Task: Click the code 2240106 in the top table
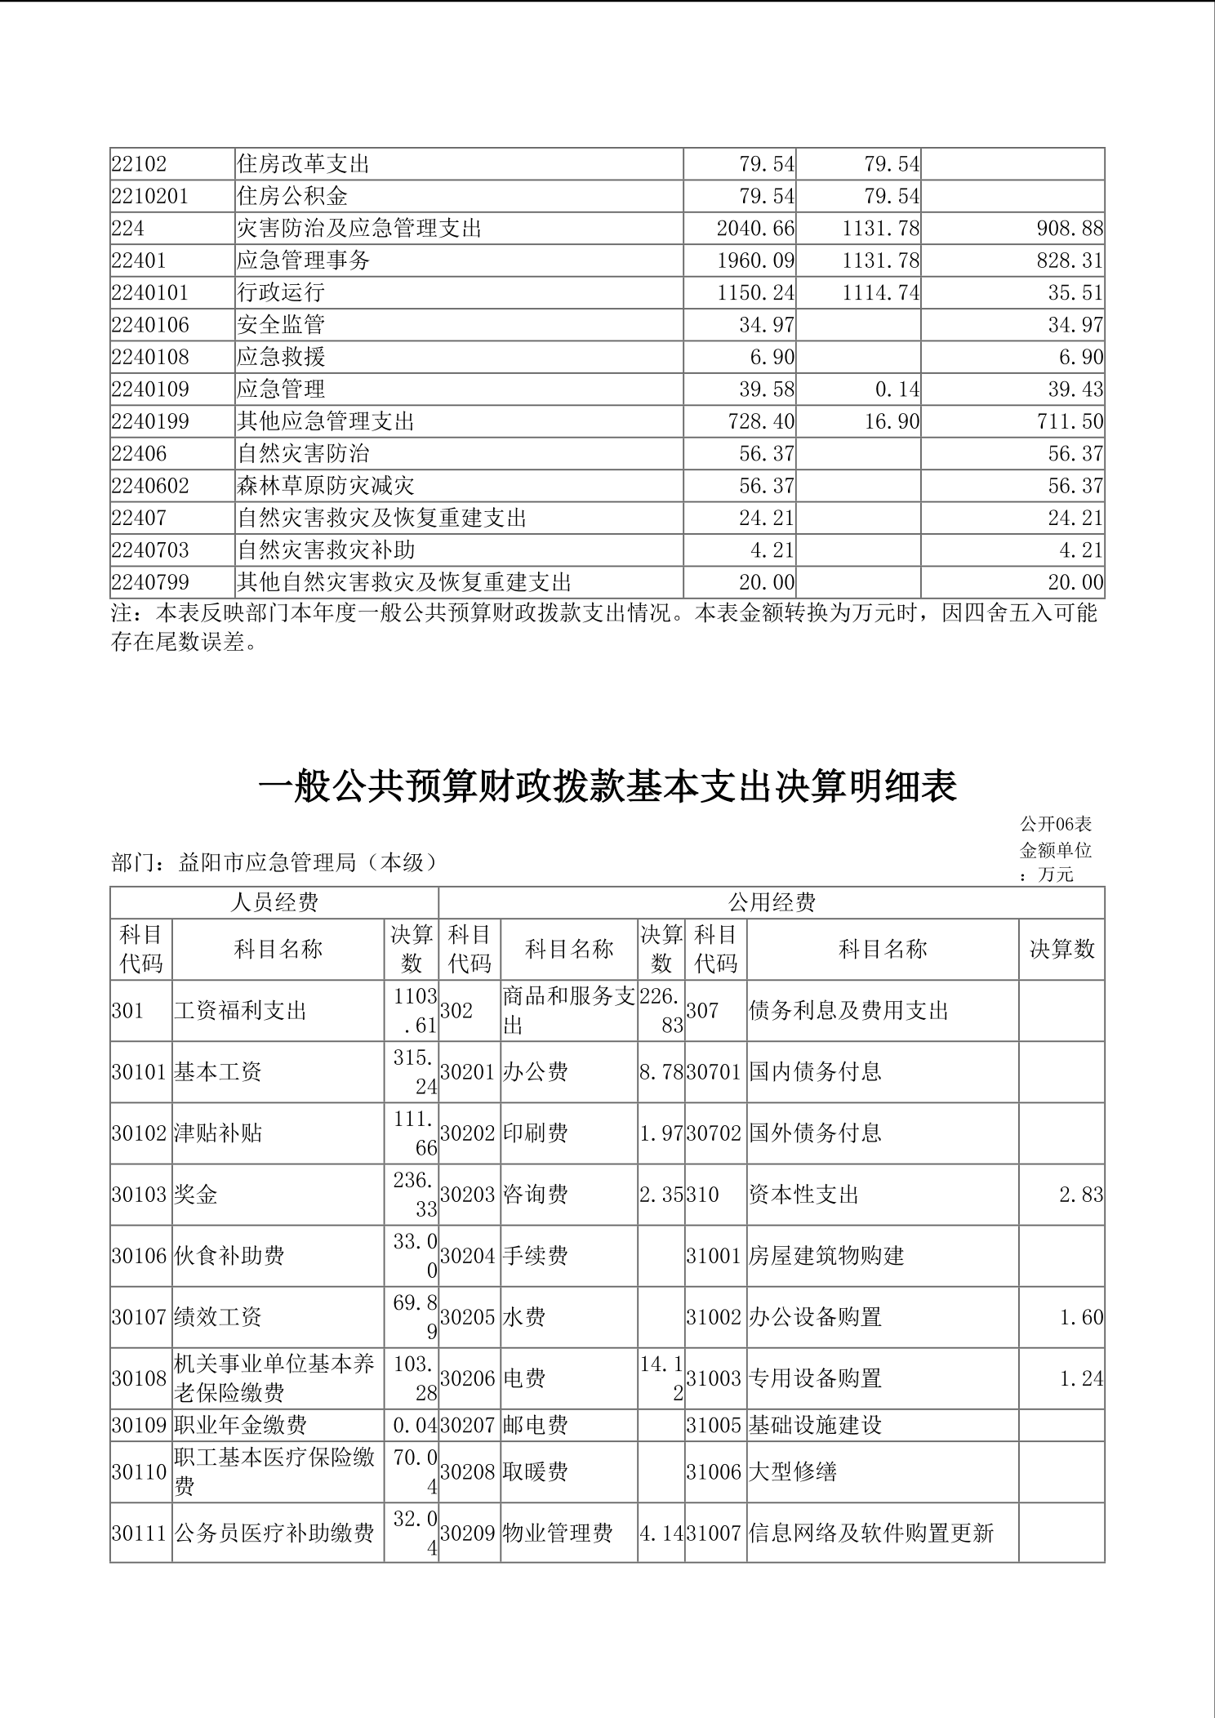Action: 150,325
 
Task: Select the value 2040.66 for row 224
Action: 755,229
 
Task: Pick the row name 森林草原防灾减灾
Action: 326,486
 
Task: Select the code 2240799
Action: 150,582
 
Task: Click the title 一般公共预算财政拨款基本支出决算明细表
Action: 607,786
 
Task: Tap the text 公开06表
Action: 1055,825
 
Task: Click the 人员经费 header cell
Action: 274,902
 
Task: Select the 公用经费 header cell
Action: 772,902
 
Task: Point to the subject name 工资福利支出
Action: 240,1011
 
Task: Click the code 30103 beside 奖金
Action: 140,1195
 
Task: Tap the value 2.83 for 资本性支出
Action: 1080,1195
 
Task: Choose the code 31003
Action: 714,1379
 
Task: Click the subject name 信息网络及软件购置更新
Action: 871,1533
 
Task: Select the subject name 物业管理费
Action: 558,1533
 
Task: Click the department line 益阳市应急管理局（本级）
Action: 274,862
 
